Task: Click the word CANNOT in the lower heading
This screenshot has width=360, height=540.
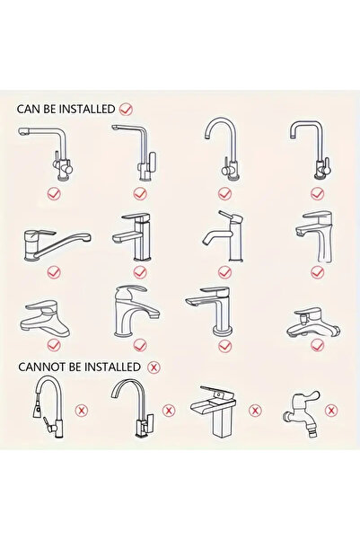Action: [x=41, y=367]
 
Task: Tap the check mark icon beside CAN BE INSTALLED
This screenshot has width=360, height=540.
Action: [x=126, y=108]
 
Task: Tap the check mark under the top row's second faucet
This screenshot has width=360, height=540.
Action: [x=139, y=192]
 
